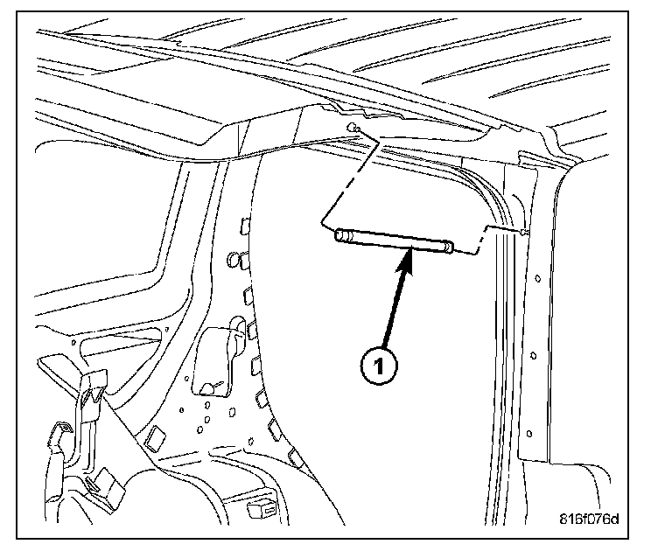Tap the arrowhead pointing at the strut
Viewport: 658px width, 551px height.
coord(404,258)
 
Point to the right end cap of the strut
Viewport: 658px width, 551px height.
coord(448,248)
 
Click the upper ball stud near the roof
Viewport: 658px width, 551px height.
coord(353,129)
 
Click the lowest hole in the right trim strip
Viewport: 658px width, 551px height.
coord(530,433)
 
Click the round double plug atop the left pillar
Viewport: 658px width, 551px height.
coord(236,260)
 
